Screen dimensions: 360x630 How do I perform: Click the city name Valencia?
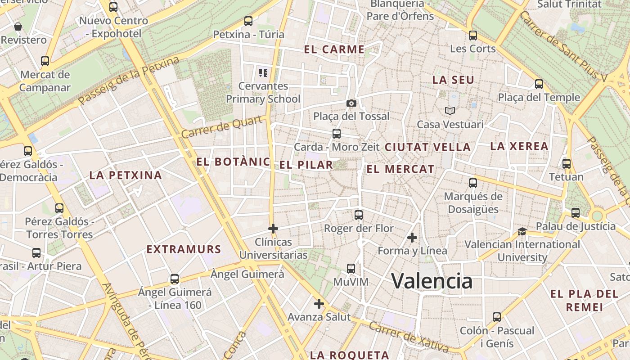tap(432, 281)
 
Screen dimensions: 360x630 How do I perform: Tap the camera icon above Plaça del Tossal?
tap(351, 103)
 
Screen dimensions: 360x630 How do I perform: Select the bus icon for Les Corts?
tap(472, 35)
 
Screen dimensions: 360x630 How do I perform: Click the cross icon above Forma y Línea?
tap(412, 237)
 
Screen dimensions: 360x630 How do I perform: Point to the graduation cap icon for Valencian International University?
tap(522, 231)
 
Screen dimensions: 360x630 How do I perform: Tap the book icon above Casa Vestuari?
tap(450, 111)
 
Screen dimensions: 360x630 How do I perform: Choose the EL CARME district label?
tap(334, 49)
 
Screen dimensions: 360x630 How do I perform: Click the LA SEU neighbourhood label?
tap(453, 80)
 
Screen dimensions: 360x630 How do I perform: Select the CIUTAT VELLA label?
tap(427, 147)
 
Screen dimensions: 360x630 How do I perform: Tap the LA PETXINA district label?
tap(126, 175)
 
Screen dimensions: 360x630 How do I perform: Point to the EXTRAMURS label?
tap(184, 249)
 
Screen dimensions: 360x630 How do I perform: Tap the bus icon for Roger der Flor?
tap(358, 215)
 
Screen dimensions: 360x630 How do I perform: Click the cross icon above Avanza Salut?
tap(319, 304)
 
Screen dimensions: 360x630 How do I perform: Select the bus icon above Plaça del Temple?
tap(539, 84)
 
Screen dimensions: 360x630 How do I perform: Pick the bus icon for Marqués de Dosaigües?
tap(472, 183)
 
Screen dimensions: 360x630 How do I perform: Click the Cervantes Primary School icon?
tap(263, 72)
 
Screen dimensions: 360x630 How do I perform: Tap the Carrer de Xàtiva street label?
tap(408, 336)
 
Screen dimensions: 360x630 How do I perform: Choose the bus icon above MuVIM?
tap(351, 269)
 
